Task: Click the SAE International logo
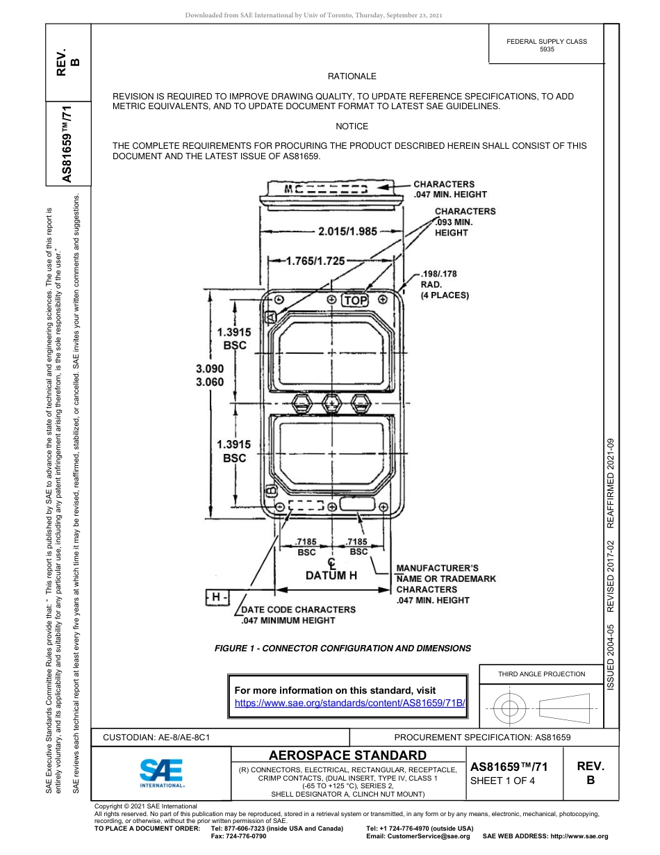(x=161, y=772)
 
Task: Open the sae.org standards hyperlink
(x=349, y=703)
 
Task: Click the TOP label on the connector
(x=355, y=300)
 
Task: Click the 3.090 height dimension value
(x=210, y=368)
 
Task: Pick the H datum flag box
(x=217, y=596)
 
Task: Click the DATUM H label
(x=331, y=576)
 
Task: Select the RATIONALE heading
(x=352, y=76)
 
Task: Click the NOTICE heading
(x=352, y=127)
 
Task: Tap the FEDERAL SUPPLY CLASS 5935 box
(x=546, y=45)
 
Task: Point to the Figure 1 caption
(x=343, y=648)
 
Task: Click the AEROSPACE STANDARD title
(x=347, y=755)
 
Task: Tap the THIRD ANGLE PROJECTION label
(x=541, y=674)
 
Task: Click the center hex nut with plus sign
(x=332, y=402)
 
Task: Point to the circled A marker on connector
(x=271, y=316)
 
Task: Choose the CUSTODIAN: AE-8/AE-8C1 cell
(x=157, y=737)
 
